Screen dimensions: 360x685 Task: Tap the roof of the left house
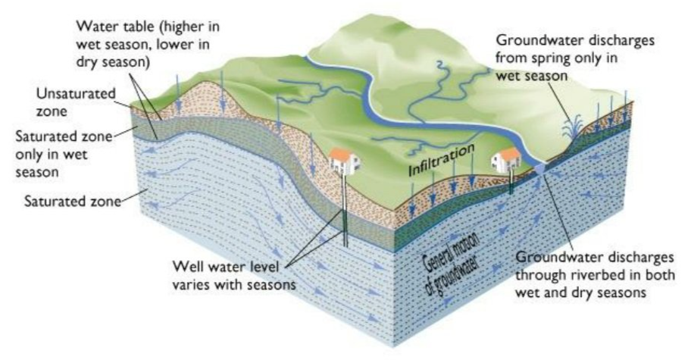[x=342, y=154]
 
